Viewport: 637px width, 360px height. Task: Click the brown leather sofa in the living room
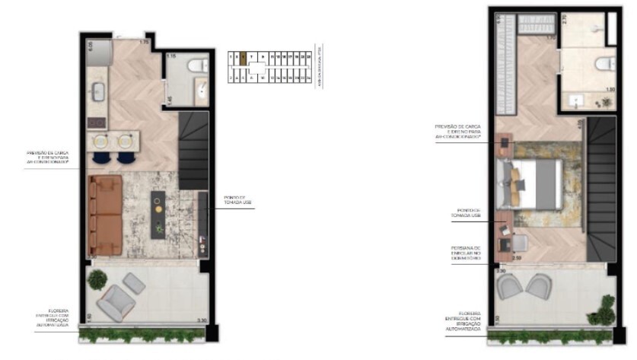[106, 215]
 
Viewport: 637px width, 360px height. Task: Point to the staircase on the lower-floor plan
[193, 148]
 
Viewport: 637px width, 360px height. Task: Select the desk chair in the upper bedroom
[518, 243]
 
